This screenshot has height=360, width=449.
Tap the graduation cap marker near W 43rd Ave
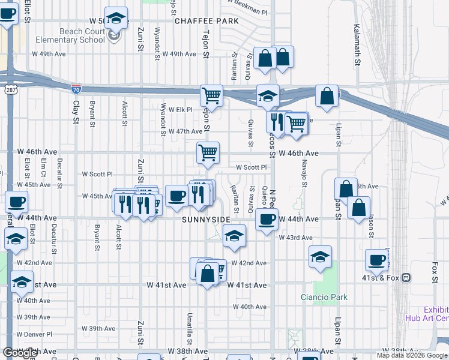235,236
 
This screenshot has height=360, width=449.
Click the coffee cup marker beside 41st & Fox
377,260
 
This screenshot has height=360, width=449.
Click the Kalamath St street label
357,45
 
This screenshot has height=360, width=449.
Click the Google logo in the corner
20,353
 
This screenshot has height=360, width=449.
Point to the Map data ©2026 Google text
412,355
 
